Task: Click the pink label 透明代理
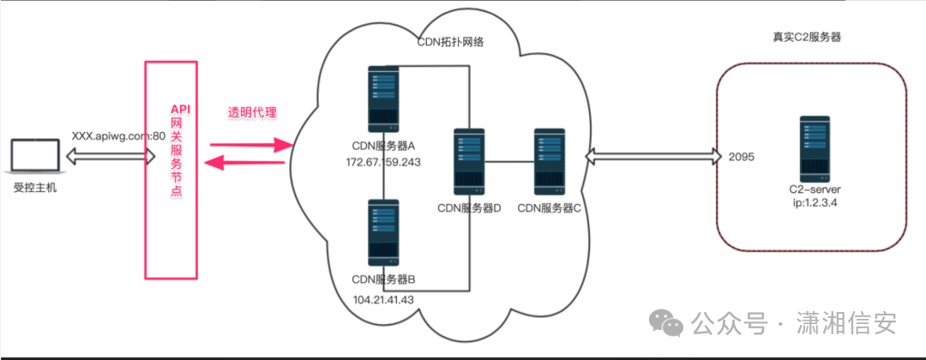click(251, 113)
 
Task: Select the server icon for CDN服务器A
click(383, 99)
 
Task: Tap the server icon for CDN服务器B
click(383, 232)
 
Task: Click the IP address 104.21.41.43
click(383, 299)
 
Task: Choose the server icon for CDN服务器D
click(469, 161)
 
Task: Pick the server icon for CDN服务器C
click(550, 161)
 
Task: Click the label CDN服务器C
click(550, 207)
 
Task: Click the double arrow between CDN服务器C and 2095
click(651, 157)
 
